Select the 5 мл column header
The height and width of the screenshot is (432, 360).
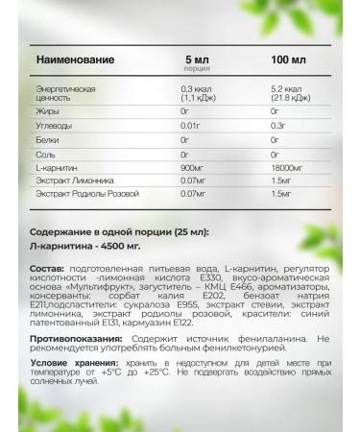(196, 60)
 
